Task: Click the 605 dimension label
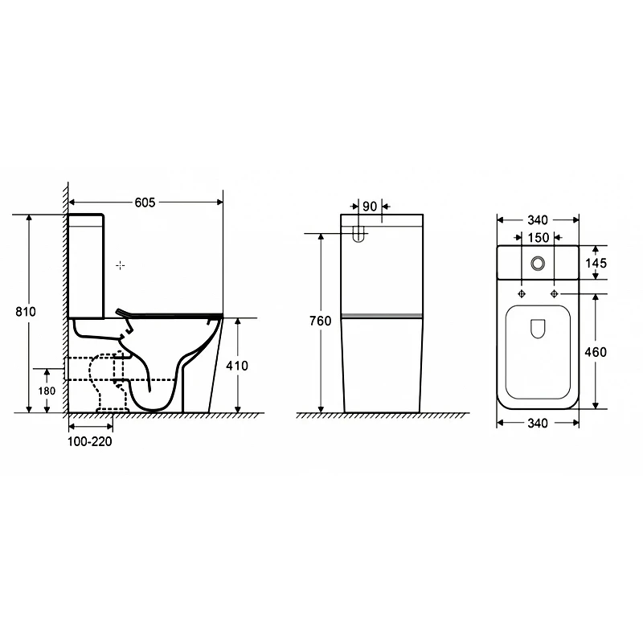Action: tap(145, 203)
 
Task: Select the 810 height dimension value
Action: tap(26, 312)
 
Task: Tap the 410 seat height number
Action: tap(237, 366)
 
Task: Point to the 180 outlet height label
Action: tap(47, 391)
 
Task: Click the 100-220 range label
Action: tap(90, 441)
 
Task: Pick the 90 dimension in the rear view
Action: tap(370, 207)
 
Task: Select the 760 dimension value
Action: tap(320, 321)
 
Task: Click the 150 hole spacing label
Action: tap(538, 238)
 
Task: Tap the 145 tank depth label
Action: tap(596, 263)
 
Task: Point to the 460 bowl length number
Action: tap(596, 352)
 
